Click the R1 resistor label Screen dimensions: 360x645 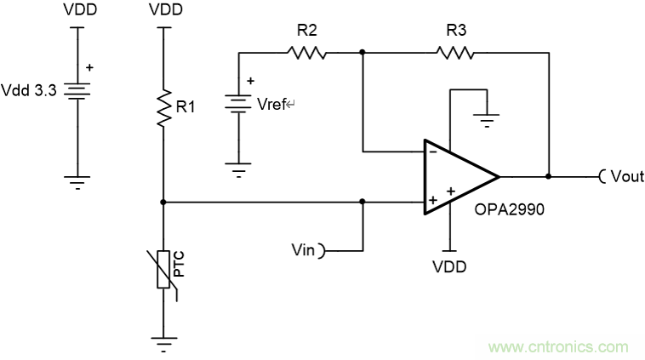coord(186,108)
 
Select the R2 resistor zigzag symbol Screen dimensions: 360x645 coord(307,53)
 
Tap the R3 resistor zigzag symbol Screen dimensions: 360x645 coord(455,53)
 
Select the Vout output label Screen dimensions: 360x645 coord(625,177)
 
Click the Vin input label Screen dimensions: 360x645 coord(303,250)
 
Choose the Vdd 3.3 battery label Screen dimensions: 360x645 coord(28,89)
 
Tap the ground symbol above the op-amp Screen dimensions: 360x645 coord(486,119)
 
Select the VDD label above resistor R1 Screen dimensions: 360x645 coord(163,11)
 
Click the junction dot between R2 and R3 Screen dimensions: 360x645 coord(362,53)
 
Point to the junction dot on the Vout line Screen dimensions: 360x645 coord(549,177)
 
